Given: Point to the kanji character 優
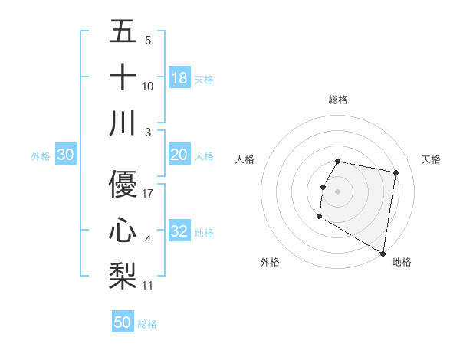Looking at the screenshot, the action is click(123, 184).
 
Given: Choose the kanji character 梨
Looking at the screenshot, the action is click(123, 274).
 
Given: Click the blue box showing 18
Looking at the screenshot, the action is click(179, 78).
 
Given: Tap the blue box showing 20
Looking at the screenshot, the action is click(179, 155).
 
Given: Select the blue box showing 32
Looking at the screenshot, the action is click(179, 232).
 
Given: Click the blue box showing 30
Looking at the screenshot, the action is click(65, 155).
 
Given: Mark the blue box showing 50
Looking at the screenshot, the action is click(123, 322).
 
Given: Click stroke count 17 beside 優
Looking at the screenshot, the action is click(148, 194).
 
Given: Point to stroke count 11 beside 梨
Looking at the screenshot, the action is click(148, 286).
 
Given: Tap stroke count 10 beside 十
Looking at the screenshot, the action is click(148, 87).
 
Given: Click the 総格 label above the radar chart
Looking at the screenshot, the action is click(337, 100).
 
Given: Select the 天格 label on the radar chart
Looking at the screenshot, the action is click(431, 159).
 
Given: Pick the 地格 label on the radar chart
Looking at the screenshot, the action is click(402, 262).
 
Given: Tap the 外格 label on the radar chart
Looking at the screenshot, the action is click(270, 262).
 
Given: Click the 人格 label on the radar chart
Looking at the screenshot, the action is click(245, 159).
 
